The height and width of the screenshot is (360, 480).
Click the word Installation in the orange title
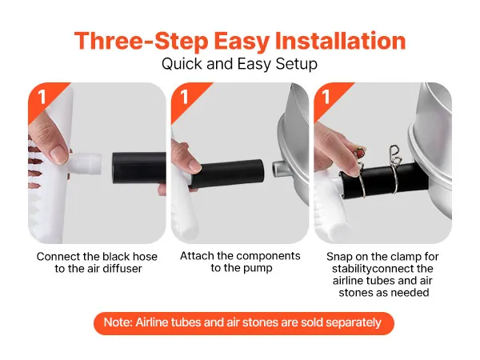341,41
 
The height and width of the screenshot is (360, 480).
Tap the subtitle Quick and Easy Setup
239,64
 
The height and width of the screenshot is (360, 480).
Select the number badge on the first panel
42,97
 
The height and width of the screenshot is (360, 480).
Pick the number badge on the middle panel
184,97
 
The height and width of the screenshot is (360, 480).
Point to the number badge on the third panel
326,97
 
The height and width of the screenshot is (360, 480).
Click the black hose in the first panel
139,168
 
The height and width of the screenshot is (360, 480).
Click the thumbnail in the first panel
58,154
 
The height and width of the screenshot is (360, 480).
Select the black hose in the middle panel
227,174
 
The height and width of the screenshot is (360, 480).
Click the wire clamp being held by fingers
361,171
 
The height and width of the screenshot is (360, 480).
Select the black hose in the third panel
384,182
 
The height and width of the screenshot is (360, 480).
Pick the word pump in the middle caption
257,268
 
